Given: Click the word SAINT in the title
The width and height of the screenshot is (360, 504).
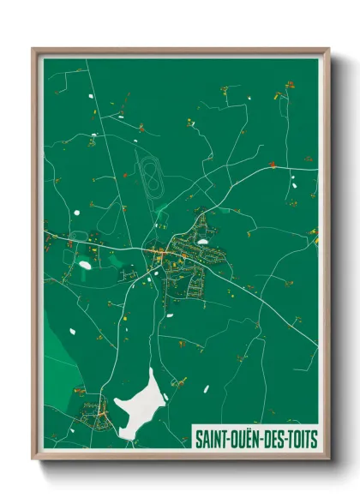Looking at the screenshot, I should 213,439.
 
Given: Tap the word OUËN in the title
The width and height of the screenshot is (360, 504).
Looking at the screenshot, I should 248,439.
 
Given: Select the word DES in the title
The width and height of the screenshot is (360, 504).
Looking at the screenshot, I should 277,439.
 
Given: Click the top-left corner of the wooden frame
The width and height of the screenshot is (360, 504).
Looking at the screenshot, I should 33,49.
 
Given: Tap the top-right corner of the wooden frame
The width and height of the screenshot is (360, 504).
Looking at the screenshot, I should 328,49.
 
